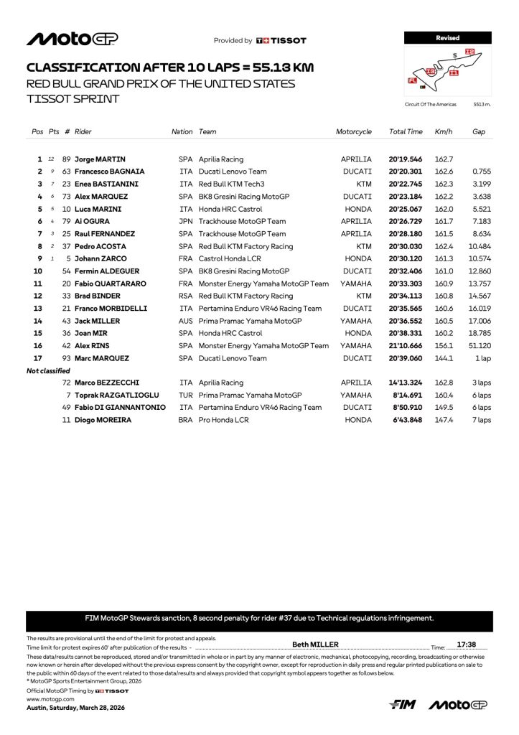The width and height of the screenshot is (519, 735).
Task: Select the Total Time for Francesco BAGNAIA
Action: point(406,172)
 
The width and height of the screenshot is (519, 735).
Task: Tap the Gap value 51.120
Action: point(480,345)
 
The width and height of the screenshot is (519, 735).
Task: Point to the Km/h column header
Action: point(442,132)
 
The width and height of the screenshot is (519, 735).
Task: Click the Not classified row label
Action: point(48,370)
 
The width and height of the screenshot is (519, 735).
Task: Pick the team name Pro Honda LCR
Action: point(223,420)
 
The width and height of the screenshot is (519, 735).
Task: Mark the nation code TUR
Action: point(186,395)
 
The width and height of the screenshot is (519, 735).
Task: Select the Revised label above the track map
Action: point(447,37)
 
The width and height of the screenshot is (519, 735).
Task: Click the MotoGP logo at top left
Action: point(72,39)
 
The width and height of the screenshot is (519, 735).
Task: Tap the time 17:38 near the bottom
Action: point(467,645)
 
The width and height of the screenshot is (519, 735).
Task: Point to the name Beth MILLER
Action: point(315,645)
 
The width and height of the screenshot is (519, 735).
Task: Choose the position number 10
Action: point(38,271)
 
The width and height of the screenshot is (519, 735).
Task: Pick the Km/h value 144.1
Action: point(443,358)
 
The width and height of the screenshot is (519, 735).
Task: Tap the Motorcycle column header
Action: point(354,132)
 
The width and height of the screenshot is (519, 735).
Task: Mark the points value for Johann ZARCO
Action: point(51,258)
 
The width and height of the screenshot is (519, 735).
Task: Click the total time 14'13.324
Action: point(406,383)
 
